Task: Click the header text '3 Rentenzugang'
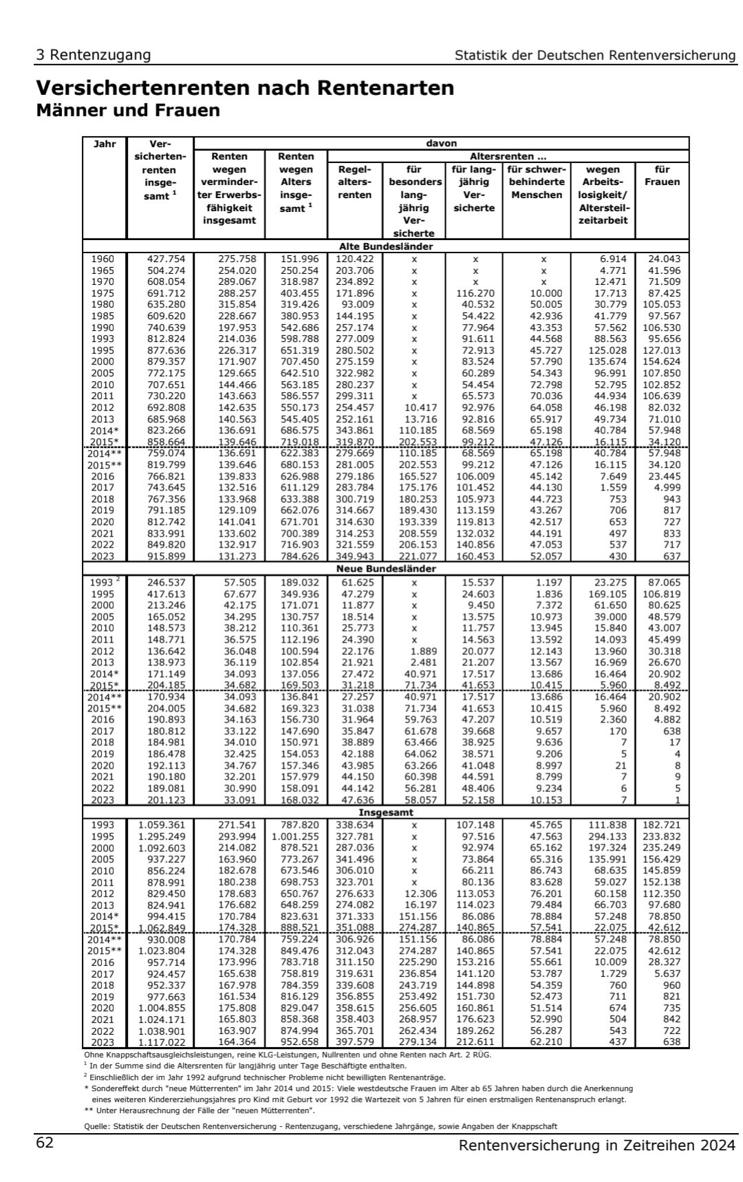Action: click(94, 55)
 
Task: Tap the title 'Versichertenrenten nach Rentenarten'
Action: click(245, 88)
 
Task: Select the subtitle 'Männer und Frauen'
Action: click(128, 110)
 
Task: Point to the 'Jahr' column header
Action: click(105, 144)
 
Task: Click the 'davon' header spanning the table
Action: click(441, 144)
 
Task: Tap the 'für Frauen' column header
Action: click(662, 175)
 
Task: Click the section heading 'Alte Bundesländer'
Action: click(386, 246)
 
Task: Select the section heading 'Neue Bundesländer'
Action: click(386, 569)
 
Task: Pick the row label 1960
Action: click(103, 259)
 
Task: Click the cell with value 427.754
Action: click(161, 259)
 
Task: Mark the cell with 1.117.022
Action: click(161, 1042)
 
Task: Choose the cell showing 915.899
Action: click(161, 557)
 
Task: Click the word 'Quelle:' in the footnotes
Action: click(94, 1126)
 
